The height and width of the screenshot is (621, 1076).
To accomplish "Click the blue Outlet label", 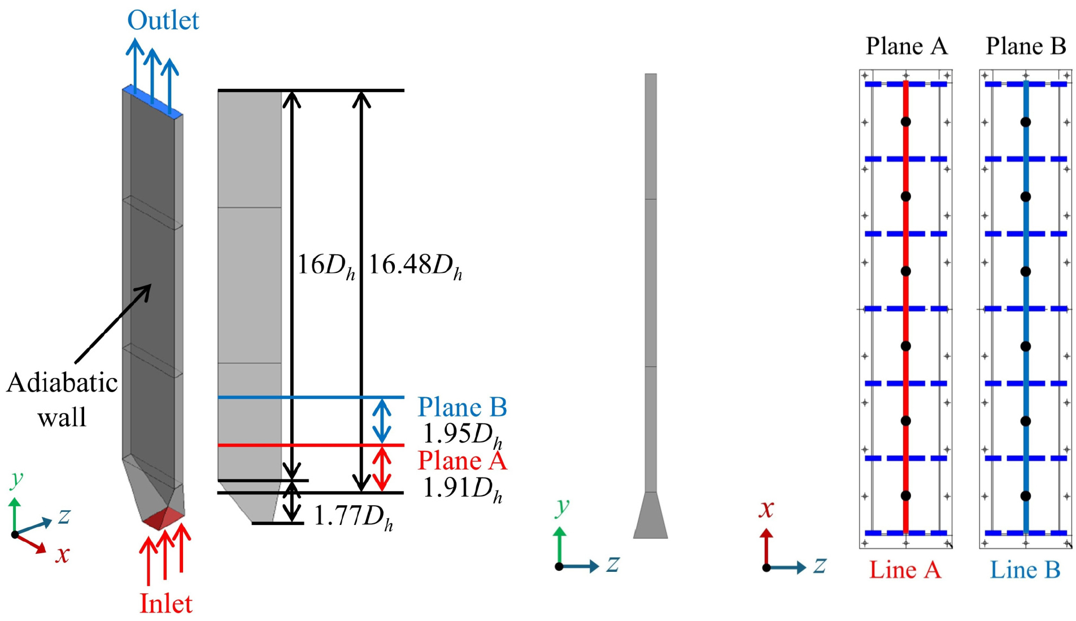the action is click(163, 20).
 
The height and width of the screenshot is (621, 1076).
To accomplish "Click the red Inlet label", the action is click(165, 603).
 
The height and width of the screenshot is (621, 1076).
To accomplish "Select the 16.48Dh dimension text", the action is click(415, 266).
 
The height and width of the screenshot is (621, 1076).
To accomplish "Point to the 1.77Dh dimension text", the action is click(353, 516).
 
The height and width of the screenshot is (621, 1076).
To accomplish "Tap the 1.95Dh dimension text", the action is click(463, 435).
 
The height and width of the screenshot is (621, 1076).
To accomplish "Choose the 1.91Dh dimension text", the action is click(463, 488).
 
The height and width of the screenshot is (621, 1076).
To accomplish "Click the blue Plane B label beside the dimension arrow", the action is click(462, 407).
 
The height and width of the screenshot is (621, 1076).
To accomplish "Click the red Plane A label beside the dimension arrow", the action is click(462, 461).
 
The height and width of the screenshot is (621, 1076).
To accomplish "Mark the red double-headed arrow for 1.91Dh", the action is click(382, 469).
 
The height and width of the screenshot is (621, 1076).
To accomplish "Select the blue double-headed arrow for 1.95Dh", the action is click(382, 421).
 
